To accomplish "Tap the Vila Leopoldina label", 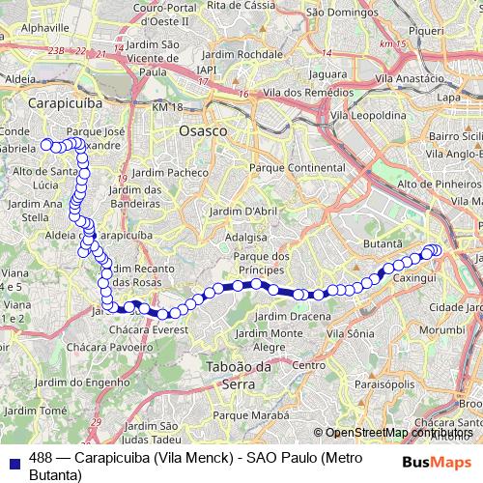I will coord(367,114).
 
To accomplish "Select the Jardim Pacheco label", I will coord(171,172).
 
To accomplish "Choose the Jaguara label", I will coord(328,72).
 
